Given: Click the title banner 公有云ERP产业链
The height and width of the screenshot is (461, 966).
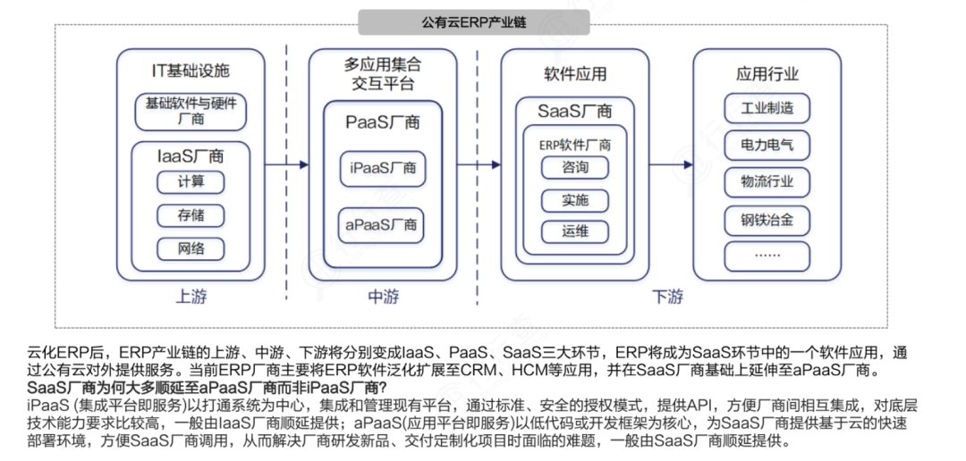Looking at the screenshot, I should click(x=473, y=20).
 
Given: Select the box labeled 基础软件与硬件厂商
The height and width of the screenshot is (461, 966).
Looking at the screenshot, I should click(x=191, y=110).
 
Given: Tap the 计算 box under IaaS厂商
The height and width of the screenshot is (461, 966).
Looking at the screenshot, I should click(x=191, y=181).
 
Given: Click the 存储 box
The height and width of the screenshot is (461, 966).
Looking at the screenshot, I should click(x=191, y=215).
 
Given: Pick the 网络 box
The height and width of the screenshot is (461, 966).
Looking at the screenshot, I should click(x=191, y=248).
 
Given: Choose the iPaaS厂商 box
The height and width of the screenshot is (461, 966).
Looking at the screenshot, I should click(x=383, y=167).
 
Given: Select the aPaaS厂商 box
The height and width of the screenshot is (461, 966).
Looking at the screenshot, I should click(x=383, y=224).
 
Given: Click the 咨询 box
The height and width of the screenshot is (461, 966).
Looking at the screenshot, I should click(x=575, y=168).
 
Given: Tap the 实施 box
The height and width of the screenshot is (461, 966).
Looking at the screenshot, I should click(x=575, y=201).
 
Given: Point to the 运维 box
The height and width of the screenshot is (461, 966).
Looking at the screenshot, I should click(x=575, y=232).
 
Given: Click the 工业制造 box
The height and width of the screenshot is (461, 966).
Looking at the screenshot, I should click(x=767, y=109).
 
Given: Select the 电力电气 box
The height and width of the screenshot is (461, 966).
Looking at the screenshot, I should click(x=767, y=144).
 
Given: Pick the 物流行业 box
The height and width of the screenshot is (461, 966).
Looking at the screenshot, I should click(x=767, y=181).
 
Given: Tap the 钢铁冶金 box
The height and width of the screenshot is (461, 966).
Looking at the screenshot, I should click(x=767, y=219).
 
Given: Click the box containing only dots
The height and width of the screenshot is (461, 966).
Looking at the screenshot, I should click(x=767, y=255).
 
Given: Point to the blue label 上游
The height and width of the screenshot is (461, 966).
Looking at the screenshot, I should click(x=191, y=296).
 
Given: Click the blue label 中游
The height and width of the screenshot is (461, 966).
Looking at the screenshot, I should click(x=383, y=296).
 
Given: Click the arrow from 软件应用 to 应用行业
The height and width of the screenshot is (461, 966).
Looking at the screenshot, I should click(x=670, y=165).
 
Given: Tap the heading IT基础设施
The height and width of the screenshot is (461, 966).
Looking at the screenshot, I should click(x=191, y=71).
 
